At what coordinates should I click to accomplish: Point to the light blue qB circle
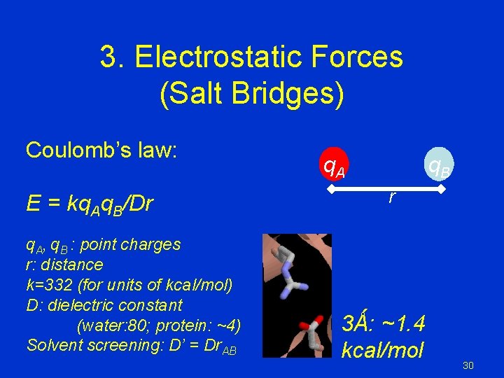(438, 167)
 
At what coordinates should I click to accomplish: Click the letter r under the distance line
(391, 199)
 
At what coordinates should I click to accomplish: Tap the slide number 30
(468, 365)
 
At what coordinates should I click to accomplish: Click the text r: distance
(64, 265)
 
